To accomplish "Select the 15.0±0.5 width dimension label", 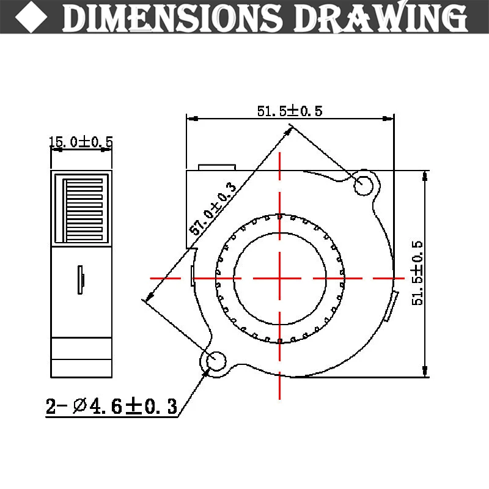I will (x=81, y=142).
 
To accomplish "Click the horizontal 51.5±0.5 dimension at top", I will (x=289, y=111).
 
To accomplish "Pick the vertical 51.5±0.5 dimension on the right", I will (x=417, y=273).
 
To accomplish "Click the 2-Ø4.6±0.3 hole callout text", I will (x=111, y=406).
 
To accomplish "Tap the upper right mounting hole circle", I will (x=365, y=183).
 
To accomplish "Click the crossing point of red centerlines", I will (x=280, y=278).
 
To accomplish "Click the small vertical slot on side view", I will (x=81, y=279).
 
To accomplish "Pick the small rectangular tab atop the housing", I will (x=216, y=167).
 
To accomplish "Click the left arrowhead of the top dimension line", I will (x=190, y=119).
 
